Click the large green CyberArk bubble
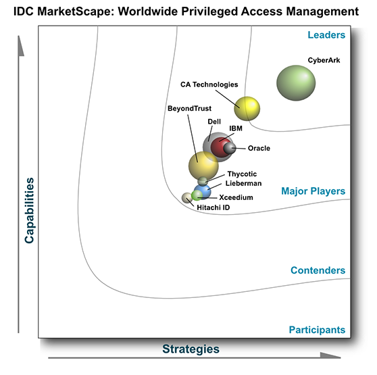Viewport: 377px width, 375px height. (x=296, y=83)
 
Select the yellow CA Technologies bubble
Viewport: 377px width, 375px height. (x=247, y=108)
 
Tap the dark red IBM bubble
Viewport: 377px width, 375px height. (x=221, y=147)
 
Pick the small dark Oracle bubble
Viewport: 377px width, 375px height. (x=230, y=148)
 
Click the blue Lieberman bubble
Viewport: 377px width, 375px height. (x=203, y=192)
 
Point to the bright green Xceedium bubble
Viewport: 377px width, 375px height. (x=197, y=195)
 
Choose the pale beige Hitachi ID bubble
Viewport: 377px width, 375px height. (x=187, y=198)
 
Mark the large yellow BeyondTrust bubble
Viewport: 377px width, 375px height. (x=203, y=166)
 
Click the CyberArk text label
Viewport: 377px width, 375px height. (x=324, y=60)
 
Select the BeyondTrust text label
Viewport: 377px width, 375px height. (x=189, y=108)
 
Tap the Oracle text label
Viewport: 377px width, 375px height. (x=259, y=148)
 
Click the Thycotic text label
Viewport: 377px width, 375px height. (x=242, y=174)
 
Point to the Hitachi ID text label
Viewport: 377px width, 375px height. (x=213, y=207)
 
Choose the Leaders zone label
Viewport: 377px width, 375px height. (x=326, y=35)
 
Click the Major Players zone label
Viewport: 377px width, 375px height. (x=313, y=191)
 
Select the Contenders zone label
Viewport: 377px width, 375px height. (x=318, y=270)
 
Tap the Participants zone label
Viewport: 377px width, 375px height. (x=317, y=330)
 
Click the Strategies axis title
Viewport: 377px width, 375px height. (x=191, y=349)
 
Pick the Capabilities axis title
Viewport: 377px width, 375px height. (x=29, y=210)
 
